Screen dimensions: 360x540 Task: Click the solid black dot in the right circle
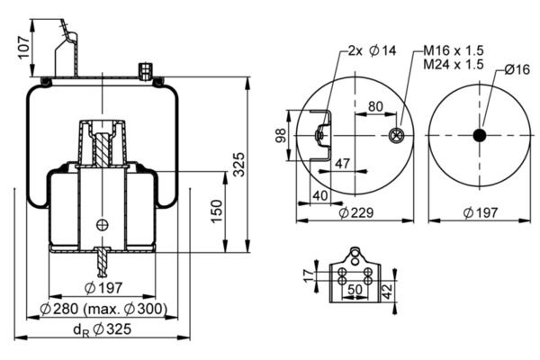coord(479,135)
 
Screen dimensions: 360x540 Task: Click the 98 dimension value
coord(281,135)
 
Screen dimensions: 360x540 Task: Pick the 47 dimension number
coord(342,163)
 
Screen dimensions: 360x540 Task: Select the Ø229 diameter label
coord(355,213)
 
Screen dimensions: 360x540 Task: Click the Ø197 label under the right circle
coord(480,213)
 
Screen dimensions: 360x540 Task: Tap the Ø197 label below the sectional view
coord(104,288)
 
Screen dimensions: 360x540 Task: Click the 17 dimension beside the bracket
coord(307,274)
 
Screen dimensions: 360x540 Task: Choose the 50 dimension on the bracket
coord(355,289)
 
